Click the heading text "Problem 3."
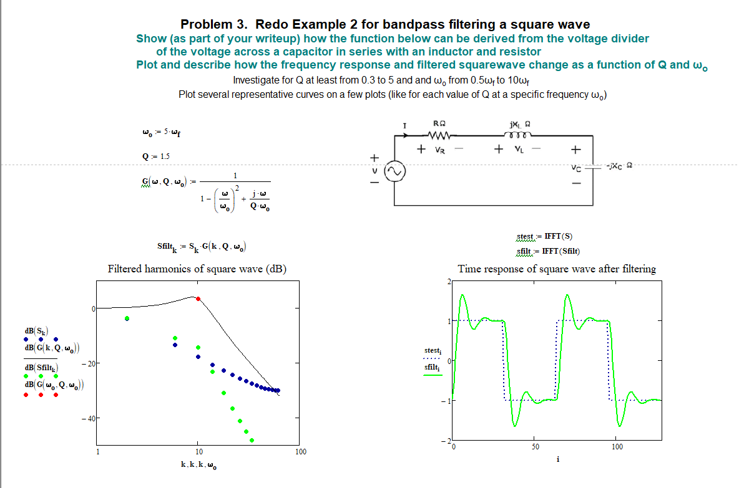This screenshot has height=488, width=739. pos(214,25)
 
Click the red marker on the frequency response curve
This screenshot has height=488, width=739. pos(198,299)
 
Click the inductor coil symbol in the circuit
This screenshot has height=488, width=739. pos(519,135)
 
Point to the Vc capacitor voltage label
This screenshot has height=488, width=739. pos(575,168)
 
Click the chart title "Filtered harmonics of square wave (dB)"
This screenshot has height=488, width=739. pos(197,269)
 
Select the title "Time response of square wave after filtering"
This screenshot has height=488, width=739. pos(557,269)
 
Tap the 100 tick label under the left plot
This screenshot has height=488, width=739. pos(300,451)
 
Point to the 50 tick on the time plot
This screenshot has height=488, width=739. pos(536,447)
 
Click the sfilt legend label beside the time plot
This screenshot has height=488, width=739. pos(433,368)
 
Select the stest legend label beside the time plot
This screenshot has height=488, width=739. pos(433,352)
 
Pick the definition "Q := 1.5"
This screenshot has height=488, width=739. pos(155,156)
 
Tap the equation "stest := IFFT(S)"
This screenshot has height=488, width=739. pos(544,237)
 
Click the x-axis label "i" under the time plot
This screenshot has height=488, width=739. pos(557,459)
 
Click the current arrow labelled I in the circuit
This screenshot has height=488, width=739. pos(406,131)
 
